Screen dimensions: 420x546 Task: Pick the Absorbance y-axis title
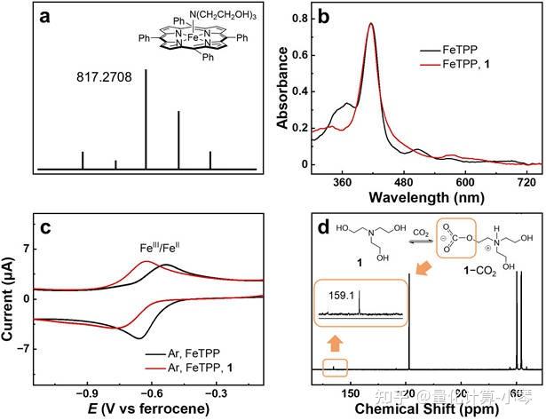pyautogui.click(x=281, y=91)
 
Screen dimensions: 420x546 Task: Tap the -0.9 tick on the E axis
pyautogui.click(x=85, y=392)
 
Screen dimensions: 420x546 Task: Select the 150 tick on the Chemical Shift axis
pyautogui.click(x=351, y=392)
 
